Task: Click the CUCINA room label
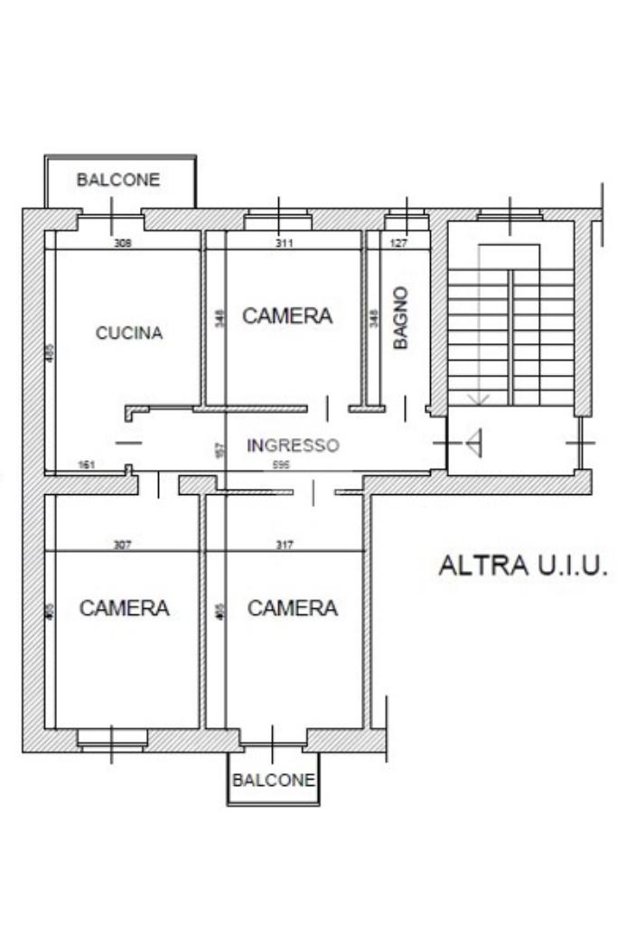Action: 129,333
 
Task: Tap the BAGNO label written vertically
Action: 401,317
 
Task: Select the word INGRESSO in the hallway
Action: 293,445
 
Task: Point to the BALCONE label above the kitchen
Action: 117,180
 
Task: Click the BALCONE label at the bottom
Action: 274,780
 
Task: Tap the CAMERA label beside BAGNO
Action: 287,315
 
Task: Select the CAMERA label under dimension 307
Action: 124,608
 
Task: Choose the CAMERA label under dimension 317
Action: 293,608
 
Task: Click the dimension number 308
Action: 123,243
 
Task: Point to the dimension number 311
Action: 285,243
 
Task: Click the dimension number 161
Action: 88,465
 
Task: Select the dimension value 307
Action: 123,544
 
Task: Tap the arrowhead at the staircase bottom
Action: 478,398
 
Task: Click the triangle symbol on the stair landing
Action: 475,442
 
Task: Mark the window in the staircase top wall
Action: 510,215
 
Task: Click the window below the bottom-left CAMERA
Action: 112,740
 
